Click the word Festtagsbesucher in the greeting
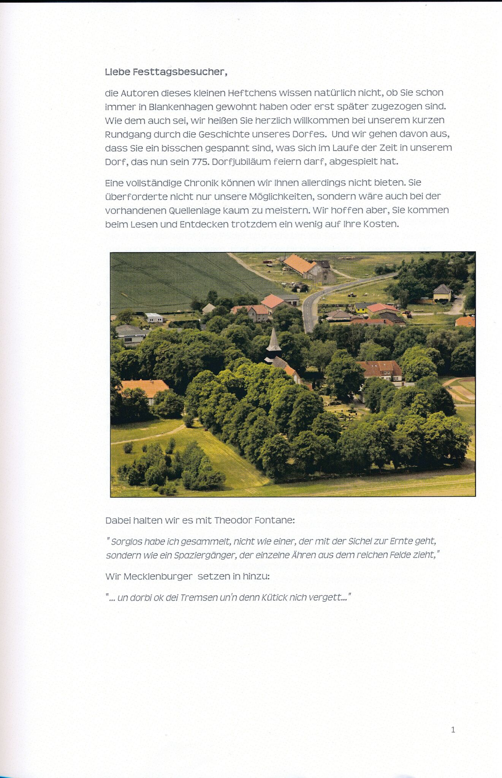point(180,72)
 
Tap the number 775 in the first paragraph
point(200,162)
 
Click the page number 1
point(453,730)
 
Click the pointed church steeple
point(273,341)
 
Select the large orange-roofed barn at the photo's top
point(301,265)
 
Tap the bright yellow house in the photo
point(361,308)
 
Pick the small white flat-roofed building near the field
point(154,317)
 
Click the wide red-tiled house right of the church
point(380,369)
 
